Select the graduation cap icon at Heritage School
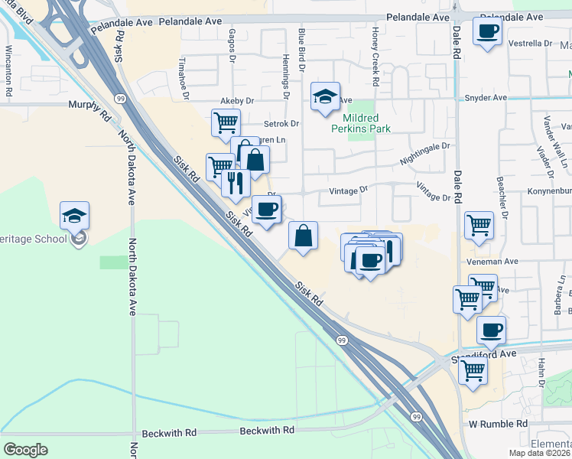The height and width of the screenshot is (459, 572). (74, 217)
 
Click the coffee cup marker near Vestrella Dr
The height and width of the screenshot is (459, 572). (487, 32)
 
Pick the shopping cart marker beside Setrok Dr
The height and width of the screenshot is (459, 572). (226, 122)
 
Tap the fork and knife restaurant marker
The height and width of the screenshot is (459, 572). (236, 183)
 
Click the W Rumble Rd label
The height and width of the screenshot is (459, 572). (498, 423)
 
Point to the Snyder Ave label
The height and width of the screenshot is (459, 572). (486, 98)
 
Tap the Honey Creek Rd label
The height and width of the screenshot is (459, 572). (375, 57)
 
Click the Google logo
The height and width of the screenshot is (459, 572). (26, 449)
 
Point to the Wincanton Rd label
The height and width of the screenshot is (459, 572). (8, 73)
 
